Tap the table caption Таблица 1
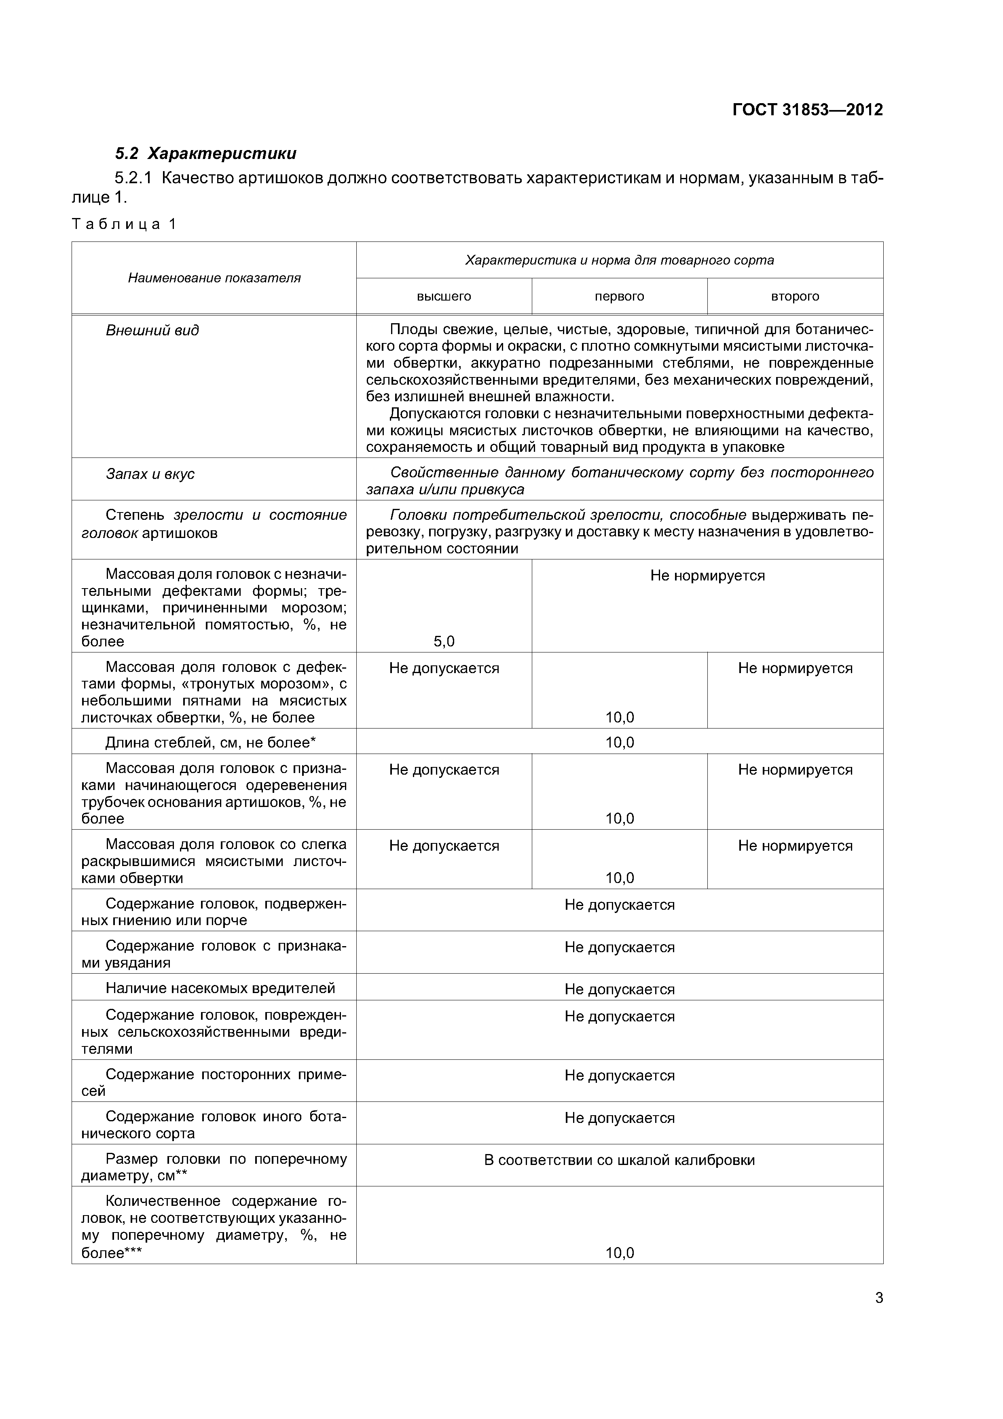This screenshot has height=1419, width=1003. tap(124, 224)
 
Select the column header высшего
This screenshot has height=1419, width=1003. tap(444, 297)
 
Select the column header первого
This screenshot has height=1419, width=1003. tap(619, 297)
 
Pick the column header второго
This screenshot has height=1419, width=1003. tap(795, 297)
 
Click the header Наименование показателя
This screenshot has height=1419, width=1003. tap(214, 278)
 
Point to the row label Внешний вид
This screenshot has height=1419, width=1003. tap(152, 330)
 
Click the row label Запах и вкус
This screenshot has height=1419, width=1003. tap(150, 474)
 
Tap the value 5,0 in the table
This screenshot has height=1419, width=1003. tap(444, 642)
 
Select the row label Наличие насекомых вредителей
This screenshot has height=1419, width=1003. tap(220, 988)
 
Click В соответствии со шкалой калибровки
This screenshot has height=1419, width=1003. tap(619, 1160)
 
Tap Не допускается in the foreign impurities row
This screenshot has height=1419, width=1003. tap(619, 1076)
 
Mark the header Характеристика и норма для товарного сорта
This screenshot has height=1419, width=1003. tap(619, 260)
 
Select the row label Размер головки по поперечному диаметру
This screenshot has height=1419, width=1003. tap(214, 1167)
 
